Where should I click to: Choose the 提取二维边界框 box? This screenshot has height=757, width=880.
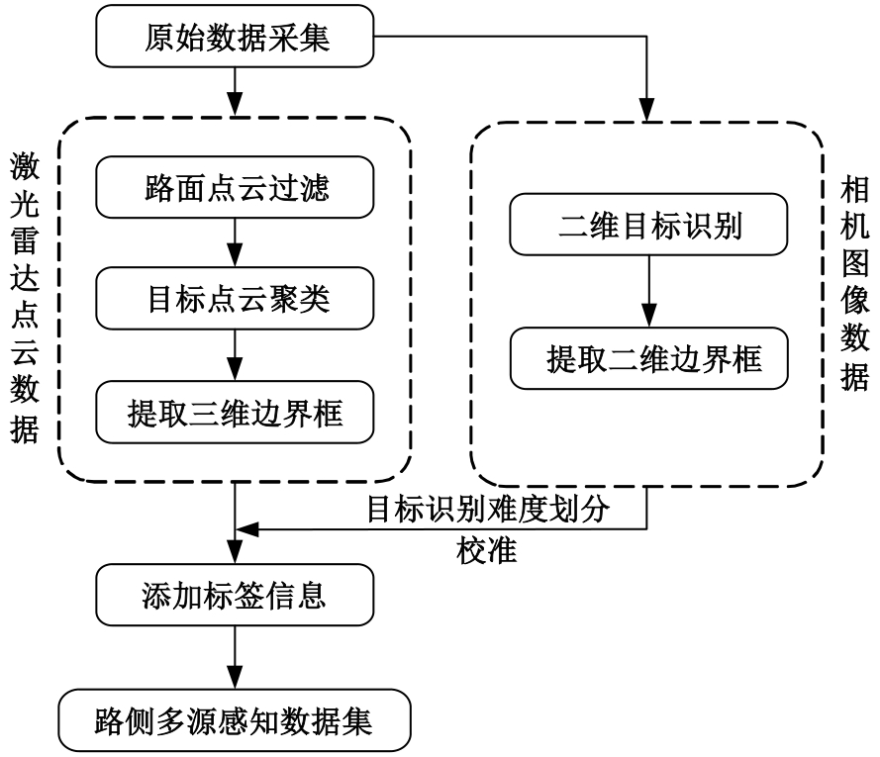[x=648, y=359]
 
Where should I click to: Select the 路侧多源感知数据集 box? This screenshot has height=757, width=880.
[x=234, y=720]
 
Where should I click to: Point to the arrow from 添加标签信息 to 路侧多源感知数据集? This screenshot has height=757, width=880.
[x=234, y=661]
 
